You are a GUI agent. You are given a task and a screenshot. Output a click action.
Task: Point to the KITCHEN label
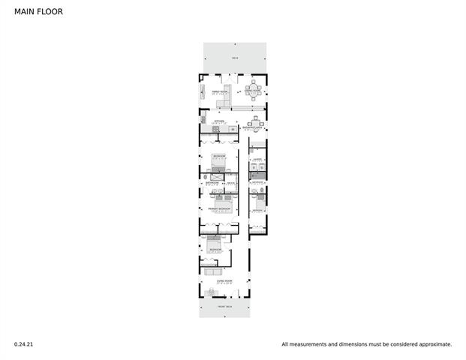[219, 121]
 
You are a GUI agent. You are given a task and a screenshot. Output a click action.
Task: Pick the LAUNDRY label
[257, 160]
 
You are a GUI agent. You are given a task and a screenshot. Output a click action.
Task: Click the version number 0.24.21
[23, 344]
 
